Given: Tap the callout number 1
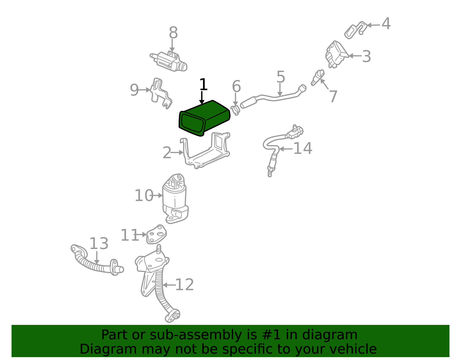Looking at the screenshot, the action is click(x=203, y=84).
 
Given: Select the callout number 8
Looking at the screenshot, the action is click(x=173, y=33).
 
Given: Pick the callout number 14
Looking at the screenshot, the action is click(x=303, y=148).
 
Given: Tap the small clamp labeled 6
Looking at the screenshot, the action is click(x=235, y=110).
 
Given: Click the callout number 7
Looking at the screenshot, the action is click(x=333, y=96).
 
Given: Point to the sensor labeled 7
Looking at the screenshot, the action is click(x=318, y=78).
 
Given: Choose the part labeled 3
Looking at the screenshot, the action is click(x=337, y=54).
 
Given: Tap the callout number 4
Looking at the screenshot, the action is click(x=386, y=24).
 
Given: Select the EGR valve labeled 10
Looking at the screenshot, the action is click(x=175, y=199).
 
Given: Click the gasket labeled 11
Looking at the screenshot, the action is click(x=156, y=234).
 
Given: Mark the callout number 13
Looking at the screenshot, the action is click(x=99, y=243).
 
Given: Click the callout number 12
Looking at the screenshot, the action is click(x=185, y=285).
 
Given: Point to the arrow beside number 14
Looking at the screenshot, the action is click(x=286, y=149).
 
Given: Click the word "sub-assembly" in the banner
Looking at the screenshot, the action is click(x=196, y=335).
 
